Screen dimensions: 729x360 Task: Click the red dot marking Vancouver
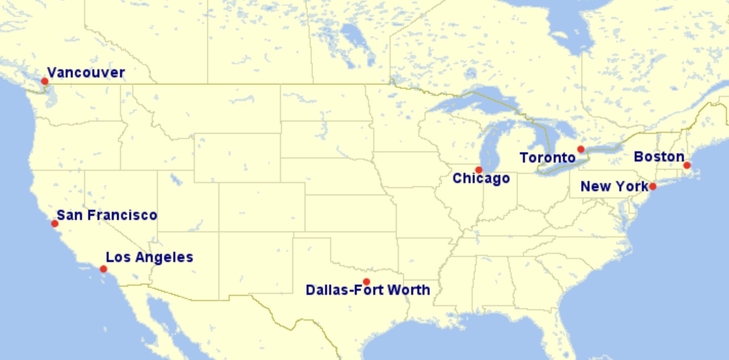click(45, 81)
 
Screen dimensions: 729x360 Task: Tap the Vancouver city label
click(86, 73)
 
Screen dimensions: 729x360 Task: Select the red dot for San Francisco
click(55, 224)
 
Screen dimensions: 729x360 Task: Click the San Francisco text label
click(107, 215)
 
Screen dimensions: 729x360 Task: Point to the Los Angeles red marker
click(104, 269)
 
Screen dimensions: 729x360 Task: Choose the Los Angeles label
click(149, 257)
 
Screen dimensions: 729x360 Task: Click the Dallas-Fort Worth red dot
click(367, 282)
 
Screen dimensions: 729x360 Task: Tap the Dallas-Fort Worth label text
click(368, 290)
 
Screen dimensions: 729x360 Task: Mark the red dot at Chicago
click(479, 170)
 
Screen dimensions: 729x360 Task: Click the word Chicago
click(481, 178)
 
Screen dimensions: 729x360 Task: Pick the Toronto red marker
click(581, 149)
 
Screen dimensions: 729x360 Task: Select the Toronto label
click(548, 157)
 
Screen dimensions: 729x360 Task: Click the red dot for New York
click(653, 186)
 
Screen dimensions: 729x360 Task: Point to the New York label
click(614, 187)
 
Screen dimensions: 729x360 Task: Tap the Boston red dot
click(687, 165)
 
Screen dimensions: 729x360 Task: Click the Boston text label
click(659, 157)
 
